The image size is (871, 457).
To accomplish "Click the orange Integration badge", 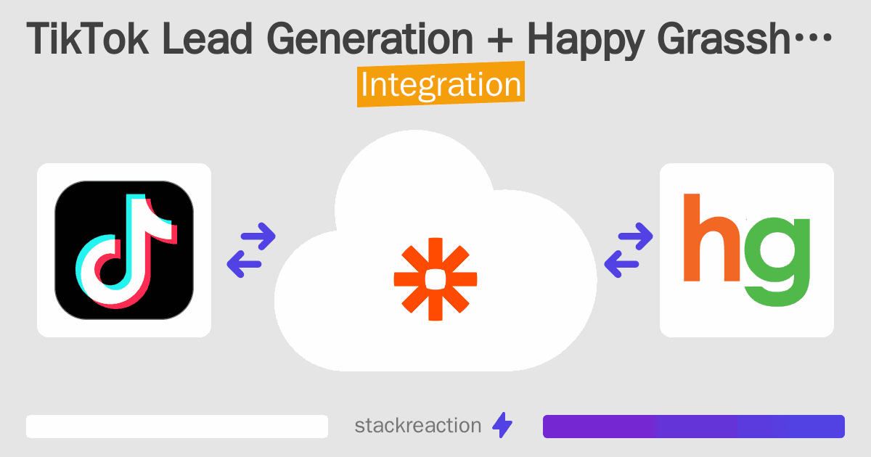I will click(x=441, y=86).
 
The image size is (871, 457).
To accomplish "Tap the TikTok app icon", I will click(x=124, y=250).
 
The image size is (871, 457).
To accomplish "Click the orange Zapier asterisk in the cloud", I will click(x=435, y=279).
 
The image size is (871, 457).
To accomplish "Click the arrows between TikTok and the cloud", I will click(x=251, y=250).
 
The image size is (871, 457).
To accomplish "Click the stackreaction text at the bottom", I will click(x=417, y=426).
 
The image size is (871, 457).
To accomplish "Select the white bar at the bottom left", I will click(x=177, y=427).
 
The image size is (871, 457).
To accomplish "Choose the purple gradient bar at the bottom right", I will click(x=693, y=427).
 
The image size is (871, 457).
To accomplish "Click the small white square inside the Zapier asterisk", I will click(x=435, y=279).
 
